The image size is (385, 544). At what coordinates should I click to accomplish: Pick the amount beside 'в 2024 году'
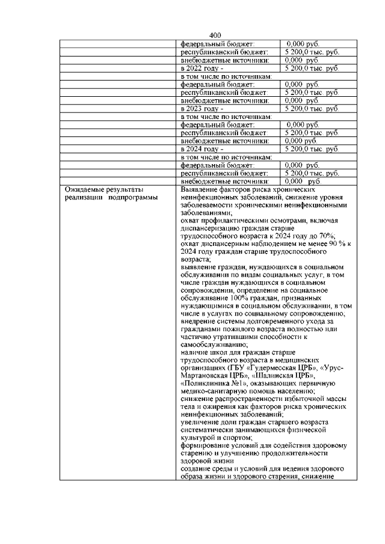coord(312,148)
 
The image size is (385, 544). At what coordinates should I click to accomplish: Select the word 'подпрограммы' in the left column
coord(134,197)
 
